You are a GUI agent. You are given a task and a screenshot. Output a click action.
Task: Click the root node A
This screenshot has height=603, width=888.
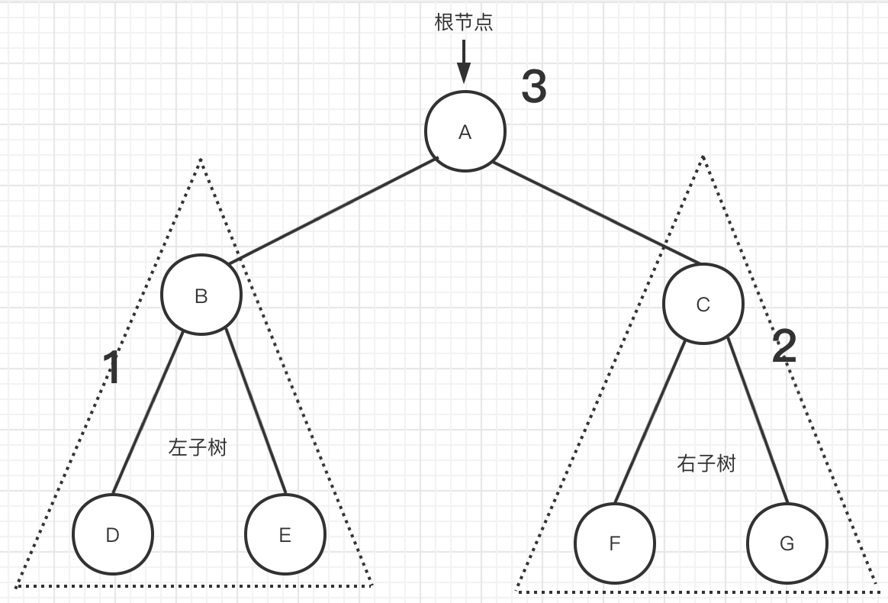click(465, 131)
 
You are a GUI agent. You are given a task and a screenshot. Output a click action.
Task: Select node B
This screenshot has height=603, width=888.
click(201, 295)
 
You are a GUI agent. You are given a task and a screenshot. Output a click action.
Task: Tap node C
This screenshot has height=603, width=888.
click(703, 305)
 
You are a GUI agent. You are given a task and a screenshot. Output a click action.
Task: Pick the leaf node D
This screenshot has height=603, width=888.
click(113, 534)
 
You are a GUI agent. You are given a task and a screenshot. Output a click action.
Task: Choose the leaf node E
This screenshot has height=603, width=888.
click(285, 535)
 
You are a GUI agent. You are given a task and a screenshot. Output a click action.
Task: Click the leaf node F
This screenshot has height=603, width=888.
click(615, 543)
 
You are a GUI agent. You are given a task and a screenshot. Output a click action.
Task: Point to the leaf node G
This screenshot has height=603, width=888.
click(787, 543)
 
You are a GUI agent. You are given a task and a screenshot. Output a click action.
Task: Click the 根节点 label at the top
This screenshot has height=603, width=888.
click(464, 22)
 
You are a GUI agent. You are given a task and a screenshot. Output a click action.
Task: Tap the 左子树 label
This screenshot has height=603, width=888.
click(198, 447)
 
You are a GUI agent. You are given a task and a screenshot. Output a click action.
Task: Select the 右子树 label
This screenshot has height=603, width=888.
click(706, 463)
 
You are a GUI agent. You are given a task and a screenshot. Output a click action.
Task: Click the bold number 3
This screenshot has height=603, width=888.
click(534, 86)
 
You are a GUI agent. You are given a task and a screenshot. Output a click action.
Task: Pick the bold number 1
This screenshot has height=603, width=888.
click(112, 368)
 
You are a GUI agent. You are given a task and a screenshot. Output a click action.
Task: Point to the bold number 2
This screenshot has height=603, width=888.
click(784, 347)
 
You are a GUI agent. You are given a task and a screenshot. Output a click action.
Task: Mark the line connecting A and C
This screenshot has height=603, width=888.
click(597, 214)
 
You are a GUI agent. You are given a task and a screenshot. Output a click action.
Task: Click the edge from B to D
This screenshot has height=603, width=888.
click(148, 413)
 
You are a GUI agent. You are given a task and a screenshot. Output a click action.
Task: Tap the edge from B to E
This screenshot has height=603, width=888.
click(256, 412)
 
